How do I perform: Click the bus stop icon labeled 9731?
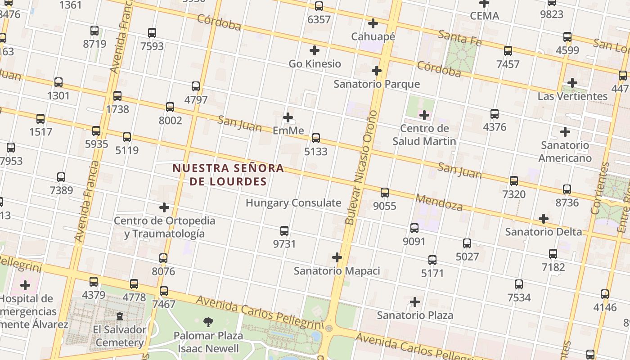click(x=284, y=231)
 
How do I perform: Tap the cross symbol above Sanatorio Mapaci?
click(x=337, y=257)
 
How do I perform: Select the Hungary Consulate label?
click(x=293, y=203)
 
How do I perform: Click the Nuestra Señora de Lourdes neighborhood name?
click(x=229, y=175)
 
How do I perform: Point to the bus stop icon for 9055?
click(x=385, y=193)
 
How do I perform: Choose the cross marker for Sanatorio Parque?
click(x=377, y=71)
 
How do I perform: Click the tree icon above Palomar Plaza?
click(x=208, y=322)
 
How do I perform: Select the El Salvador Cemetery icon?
click(x=120, y=317)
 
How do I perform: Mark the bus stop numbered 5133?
click(x=316, y=138)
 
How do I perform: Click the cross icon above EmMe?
click(x=288, y=117)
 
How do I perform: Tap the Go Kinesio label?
click(x=315, y=64)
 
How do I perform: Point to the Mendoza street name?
click(x=439, y=202)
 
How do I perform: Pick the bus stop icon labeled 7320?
click(x=514, y=181)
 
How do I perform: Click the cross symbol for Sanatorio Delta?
click(x=544, y=219)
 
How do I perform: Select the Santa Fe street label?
click(x=459, y=38)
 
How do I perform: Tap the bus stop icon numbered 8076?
click(x=163, y=258)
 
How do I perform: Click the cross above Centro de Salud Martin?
click(x=424, y=115)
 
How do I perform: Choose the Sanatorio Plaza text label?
click(x=415, y=315)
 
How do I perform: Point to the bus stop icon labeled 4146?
click(x=605, y=294)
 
